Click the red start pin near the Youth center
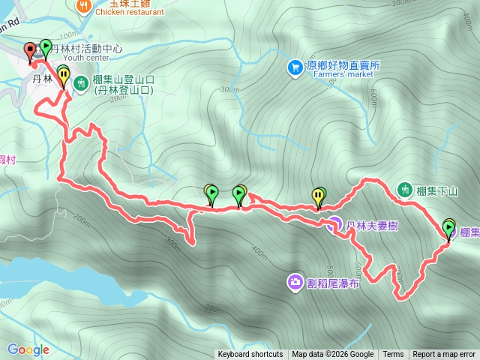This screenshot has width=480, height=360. click(x=30, y=52)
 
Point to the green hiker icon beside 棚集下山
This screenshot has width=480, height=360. click(x=405, y=189)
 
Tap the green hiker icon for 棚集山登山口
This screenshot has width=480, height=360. click(x=81, y=83)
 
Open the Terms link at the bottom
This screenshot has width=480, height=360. click(x=393, y=355)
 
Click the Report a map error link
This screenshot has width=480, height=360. click(x=444, y=355)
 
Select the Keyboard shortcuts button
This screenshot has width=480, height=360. click(x=250, y=355)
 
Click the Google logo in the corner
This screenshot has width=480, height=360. click(x=28, y=349)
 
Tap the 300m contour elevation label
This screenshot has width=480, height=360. click(x=173, y=242)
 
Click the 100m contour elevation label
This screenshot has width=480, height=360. click(x=68, y=35)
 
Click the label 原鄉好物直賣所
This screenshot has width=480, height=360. click(x=343, y=65)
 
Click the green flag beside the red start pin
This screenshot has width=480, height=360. click(x=46, y=47)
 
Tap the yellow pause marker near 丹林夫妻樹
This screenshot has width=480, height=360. click(x=319, y=196)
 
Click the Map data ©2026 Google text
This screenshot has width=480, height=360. click(x=333, y=355)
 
